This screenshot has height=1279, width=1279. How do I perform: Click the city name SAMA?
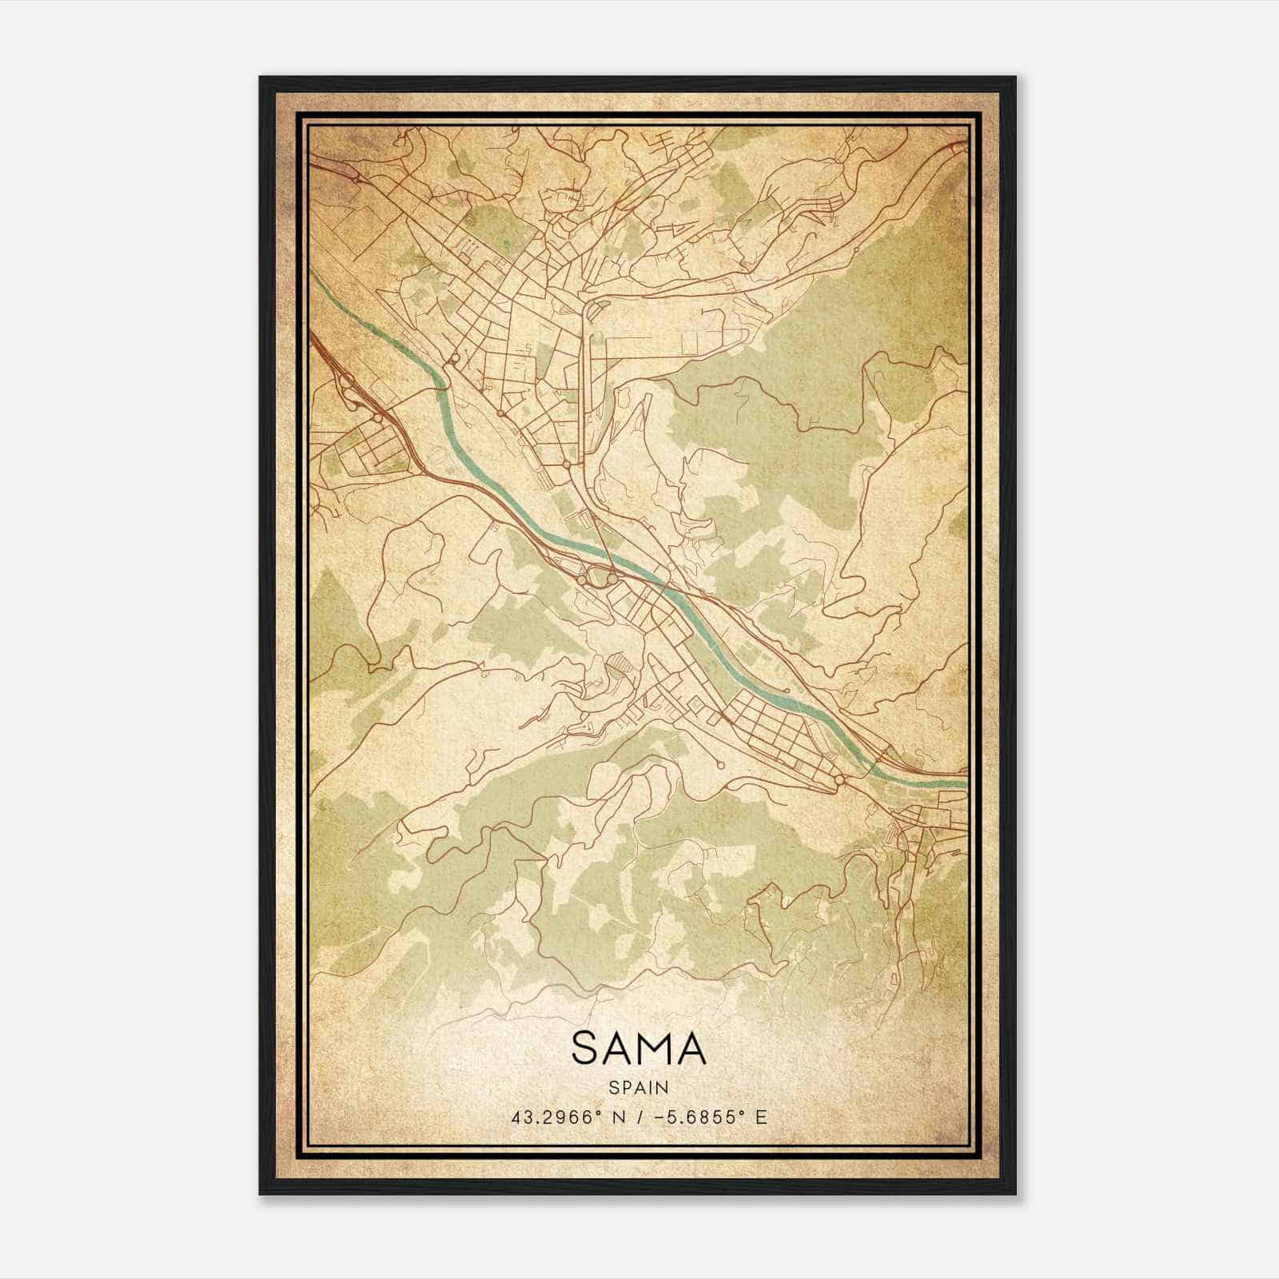click(639, 1048)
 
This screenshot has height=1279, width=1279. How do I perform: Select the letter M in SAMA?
click(657, 1048)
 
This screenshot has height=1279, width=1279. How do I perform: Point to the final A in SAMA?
click(692, 1048)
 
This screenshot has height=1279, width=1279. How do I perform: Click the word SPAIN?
click(639, 1087)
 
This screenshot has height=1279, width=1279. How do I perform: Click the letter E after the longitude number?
click(761, 1117)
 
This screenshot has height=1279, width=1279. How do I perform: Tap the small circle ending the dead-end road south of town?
click(720, 765)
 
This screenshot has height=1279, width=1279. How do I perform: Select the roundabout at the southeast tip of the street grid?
click(839, 779)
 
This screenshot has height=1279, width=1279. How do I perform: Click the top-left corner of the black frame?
click(261, 78)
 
